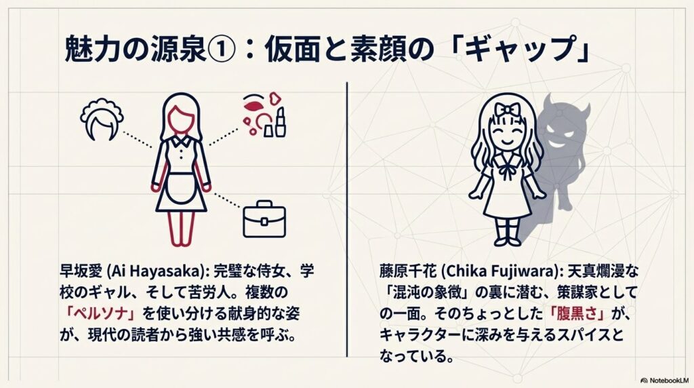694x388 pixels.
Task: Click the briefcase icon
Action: coord(264,219)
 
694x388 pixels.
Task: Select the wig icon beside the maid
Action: coord(102,123)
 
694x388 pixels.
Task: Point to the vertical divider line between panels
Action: coord(347,217)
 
